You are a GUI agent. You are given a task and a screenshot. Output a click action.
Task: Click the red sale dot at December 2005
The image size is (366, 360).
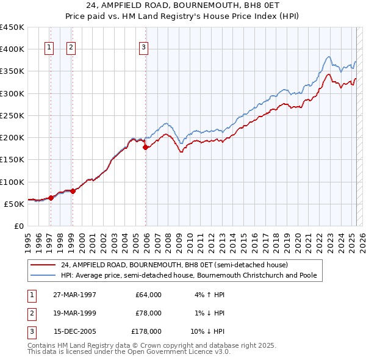pos(145,147)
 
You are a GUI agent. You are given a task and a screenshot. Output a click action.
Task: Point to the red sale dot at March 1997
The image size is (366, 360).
pos(51,197)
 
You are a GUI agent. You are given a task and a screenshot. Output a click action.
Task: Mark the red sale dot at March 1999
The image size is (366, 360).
pos(73,191)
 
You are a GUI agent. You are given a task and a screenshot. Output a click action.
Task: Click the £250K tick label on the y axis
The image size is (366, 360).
pos(12,115)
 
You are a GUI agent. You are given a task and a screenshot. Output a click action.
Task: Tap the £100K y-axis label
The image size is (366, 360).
pos(12,182)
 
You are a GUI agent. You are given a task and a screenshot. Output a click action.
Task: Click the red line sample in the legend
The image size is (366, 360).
pos(43,265)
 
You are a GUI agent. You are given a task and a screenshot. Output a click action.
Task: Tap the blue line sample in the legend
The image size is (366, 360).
pos(43,275)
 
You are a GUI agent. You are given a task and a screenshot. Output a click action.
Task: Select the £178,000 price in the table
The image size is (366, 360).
pos(146,332)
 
